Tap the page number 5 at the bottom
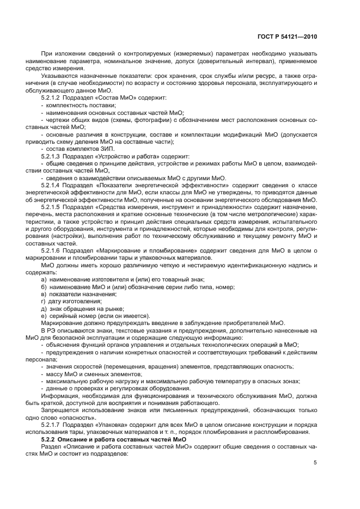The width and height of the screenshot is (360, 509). point(315,463)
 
